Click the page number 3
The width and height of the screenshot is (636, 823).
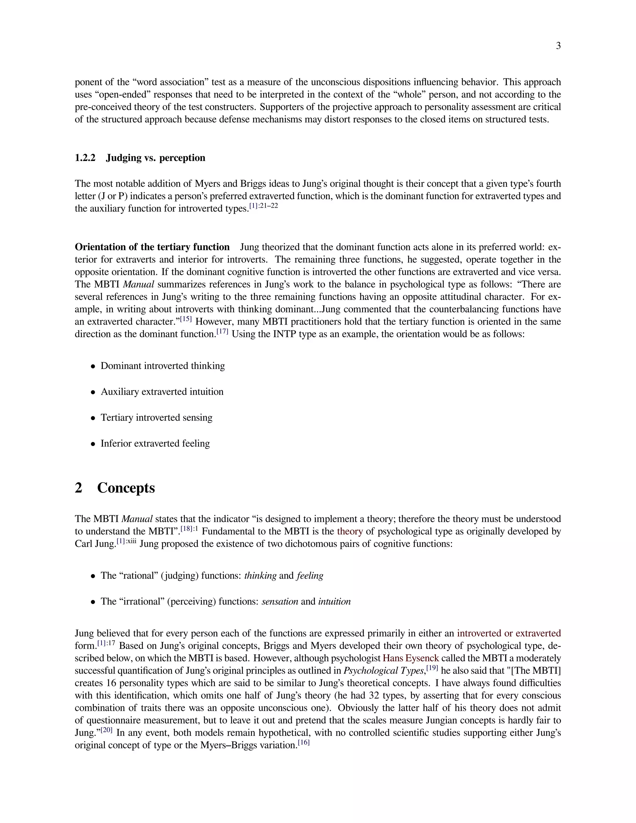point(558,46)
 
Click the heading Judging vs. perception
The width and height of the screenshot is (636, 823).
point(155,157)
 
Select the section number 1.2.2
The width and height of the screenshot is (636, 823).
point(85,157)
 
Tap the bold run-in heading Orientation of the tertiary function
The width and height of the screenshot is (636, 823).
point(152,247)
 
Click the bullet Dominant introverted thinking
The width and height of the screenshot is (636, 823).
point(162,366)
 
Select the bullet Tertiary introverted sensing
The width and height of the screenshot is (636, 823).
point(157,417)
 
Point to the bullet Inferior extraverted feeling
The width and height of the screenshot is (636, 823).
point(155,443)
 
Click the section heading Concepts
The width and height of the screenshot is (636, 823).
point(126,488)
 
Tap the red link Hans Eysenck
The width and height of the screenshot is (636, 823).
point(411,658)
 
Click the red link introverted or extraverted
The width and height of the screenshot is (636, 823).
point(509,633)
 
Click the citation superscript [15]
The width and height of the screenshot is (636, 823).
point(186,319)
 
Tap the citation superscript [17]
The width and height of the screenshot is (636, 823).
point(222,332)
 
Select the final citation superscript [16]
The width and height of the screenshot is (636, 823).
point(303,742)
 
